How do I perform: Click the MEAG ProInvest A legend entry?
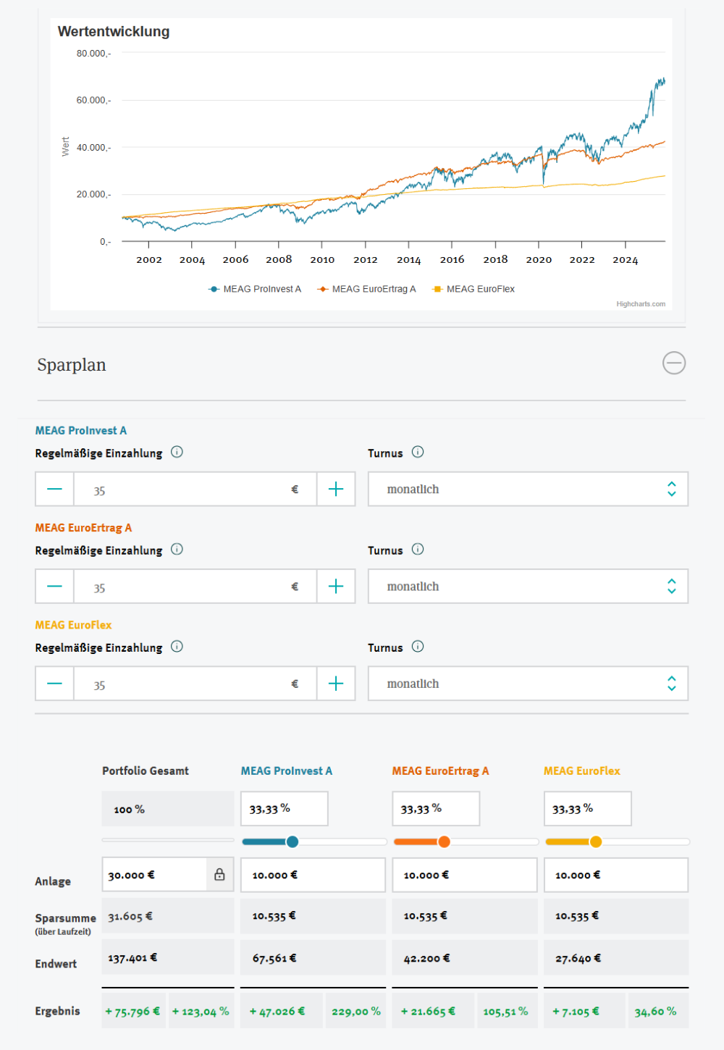[255, 289]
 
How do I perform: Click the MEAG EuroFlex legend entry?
[473, 289]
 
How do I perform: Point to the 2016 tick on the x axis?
[452, 259]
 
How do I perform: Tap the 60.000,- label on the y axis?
[93, 101]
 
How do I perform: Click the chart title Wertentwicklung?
[114, 32]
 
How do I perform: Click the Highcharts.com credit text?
[641, 304]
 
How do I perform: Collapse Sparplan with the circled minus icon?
[674, 363]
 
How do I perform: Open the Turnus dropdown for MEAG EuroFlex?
[528, 684]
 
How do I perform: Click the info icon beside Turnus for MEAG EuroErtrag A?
[418, 550]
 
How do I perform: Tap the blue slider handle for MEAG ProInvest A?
[292, 841]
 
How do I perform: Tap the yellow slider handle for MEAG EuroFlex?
[596, 841]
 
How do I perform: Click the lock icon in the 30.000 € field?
[219, 875]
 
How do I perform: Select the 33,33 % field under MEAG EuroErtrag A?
[435, 809]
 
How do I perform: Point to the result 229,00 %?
[355, 1012]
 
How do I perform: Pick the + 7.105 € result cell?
[576, 1012]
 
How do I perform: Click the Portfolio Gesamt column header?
[146, 771]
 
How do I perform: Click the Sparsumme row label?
[65, 918]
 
